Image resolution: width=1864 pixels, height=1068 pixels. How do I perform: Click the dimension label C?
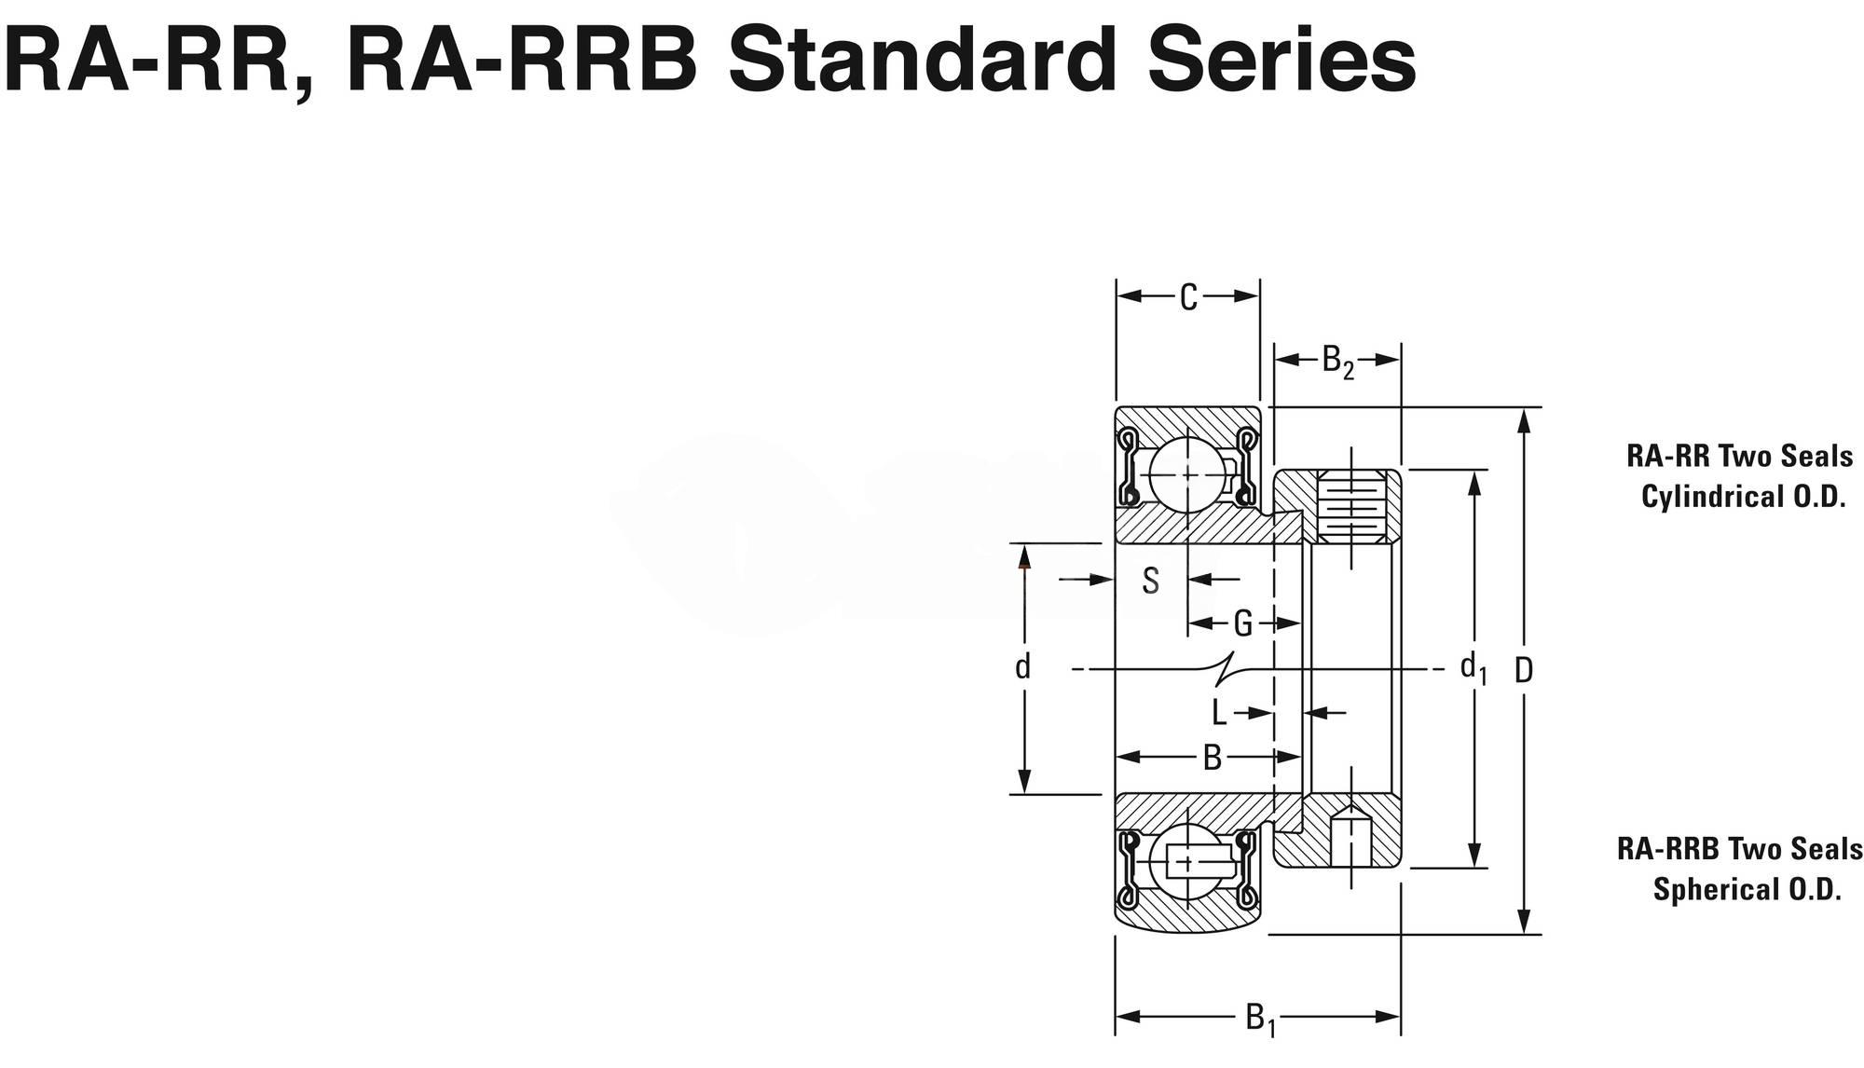click(1188, 298)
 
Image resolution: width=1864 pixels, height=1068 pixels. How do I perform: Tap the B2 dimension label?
click(1337, 362)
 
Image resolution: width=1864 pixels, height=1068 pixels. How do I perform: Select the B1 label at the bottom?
click(1260, 1018)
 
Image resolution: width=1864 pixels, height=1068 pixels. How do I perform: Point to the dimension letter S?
click(1151, 581)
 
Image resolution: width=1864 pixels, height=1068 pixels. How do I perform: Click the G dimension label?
click(1242, 623)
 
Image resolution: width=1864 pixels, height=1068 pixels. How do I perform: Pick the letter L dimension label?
click(1219, 714)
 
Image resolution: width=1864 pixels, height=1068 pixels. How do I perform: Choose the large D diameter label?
click(1524, 670)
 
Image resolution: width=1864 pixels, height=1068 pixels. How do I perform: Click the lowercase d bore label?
click(1023, 667)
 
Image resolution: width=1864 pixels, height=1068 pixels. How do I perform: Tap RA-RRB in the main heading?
click(522, 62)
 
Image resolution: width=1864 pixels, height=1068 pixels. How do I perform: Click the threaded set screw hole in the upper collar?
click(1350, 507)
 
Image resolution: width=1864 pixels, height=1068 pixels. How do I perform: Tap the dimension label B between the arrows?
click(1212, 758)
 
